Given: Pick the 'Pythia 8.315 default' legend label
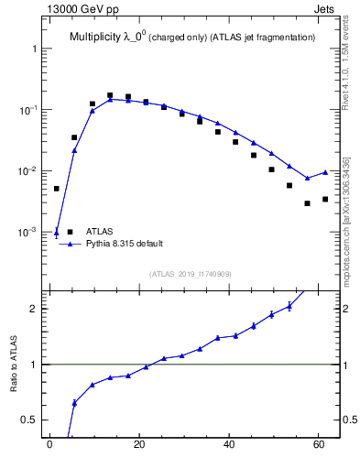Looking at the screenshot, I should pyautogui.click(x=125, y=245).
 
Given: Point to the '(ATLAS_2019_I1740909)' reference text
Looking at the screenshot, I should pyautogui.click(x=191, y=274).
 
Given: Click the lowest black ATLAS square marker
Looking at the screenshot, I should pyautogui.click(x=308, y=203).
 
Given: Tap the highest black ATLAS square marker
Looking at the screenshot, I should pyautogui.click(x=110, y=95).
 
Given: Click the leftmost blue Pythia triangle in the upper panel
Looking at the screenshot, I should pyautogui.click(x=57, y=232).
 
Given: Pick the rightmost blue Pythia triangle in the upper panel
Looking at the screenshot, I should pyautogui.click(x=325, y=172).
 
